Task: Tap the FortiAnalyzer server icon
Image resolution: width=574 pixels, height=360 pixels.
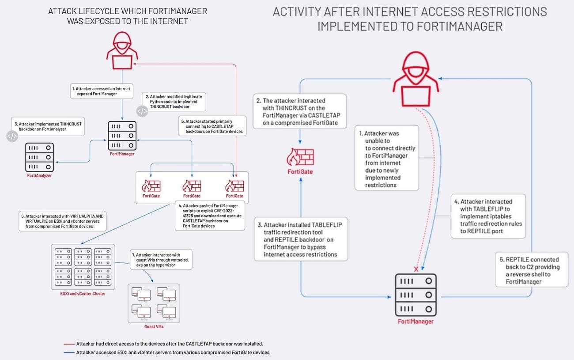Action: pyautogui.click(x=40, y=157)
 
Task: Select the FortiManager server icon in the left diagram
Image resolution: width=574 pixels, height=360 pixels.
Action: pyautogui.click(x=122, y=136)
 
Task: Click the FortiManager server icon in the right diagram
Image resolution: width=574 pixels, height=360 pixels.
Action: pyautogui.click(x=415, y=295)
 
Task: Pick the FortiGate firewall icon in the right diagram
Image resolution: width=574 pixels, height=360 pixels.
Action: pyautogui.click(x=300, y=157)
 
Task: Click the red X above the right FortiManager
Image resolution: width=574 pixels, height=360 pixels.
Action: pyautogui.click(x=415, y=269)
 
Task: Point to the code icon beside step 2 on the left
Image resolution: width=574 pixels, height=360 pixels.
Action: pyautogui.click(x=142, y=111)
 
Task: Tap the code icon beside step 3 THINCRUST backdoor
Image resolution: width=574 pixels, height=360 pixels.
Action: pyautogui.click(x=12, y=136)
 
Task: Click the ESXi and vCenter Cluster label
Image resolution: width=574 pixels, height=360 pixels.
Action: pyautogui.click(x=83, y=293)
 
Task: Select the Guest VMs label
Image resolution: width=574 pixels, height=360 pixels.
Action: pyautogui.click(x=153, y=326)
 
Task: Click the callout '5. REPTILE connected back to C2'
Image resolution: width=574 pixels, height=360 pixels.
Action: pyautogui.click(x=532, y=270)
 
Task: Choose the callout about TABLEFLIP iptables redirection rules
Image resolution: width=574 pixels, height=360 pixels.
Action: pyautogui.click(x=488, y=216)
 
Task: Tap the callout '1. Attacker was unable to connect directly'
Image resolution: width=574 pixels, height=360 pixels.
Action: pyautogui.click(x=387, y=158)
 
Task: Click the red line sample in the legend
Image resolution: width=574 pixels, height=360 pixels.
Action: pyautogui.click(x=68, y=344)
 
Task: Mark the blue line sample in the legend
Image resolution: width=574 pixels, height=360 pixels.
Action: pyautogui.click(x=68, y=352)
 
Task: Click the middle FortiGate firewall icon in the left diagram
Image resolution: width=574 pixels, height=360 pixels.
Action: pyautogui.click(x=192, y=186)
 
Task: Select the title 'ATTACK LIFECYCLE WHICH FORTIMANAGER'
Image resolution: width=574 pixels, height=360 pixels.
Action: pyautogui.click(x=128, y=11)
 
